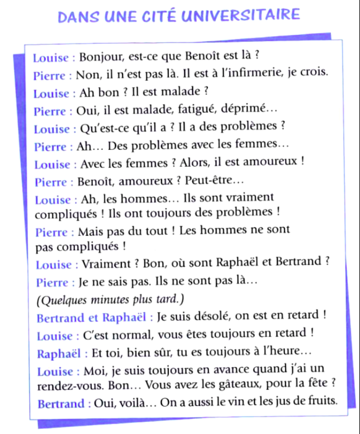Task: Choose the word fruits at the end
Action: (324, 402)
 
